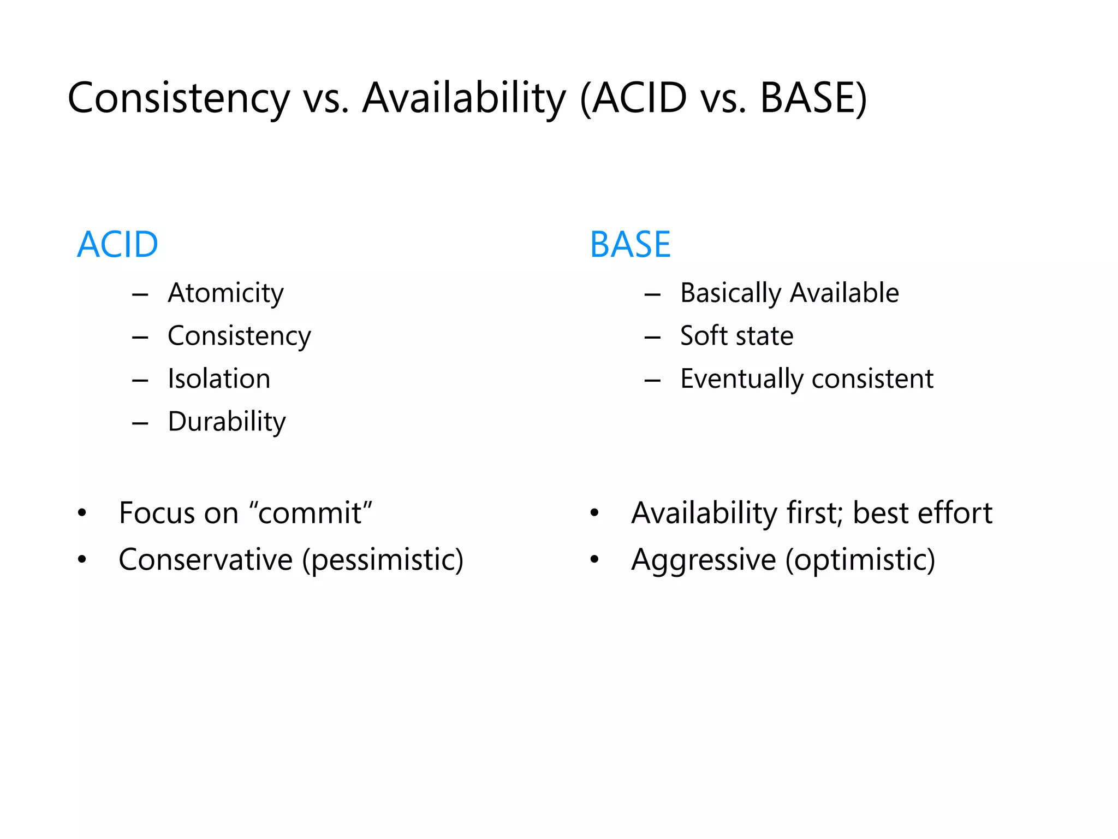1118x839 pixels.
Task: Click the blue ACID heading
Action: (x=117, y=244)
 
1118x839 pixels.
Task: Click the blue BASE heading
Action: (x=630, y=244)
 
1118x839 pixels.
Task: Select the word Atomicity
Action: (x=225, y=293)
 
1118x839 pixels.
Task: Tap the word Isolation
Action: (x=219, y=379)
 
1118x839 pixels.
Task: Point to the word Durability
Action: (x=227, y=422)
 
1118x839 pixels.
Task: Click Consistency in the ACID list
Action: (x=239, y=336)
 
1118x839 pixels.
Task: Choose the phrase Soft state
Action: (x=736, y=336)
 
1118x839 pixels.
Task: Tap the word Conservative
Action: (x=206, y=560)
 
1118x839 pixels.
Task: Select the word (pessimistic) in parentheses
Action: (x=383, y=560)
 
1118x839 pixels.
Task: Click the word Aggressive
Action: (x=704, y=560)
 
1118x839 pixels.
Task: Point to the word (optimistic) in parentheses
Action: (x=860, y=560)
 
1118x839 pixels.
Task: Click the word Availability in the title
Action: (x=465, y=98)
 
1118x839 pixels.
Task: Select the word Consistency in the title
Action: (x=179, y=98)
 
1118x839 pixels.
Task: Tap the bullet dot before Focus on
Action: (x=82, y=513)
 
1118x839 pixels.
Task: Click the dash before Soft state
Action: (x=652, y=338)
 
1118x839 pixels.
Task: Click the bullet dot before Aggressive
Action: (x=594, y=559)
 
